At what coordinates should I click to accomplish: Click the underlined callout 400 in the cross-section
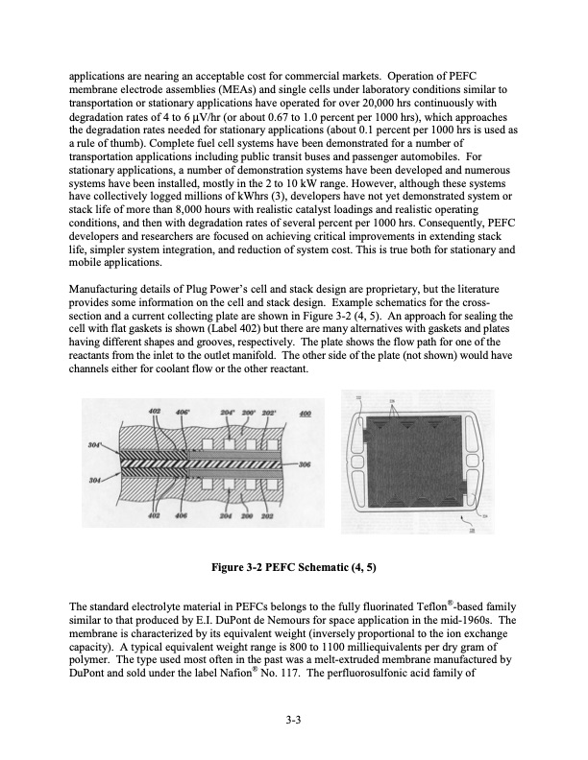[306, 413]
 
